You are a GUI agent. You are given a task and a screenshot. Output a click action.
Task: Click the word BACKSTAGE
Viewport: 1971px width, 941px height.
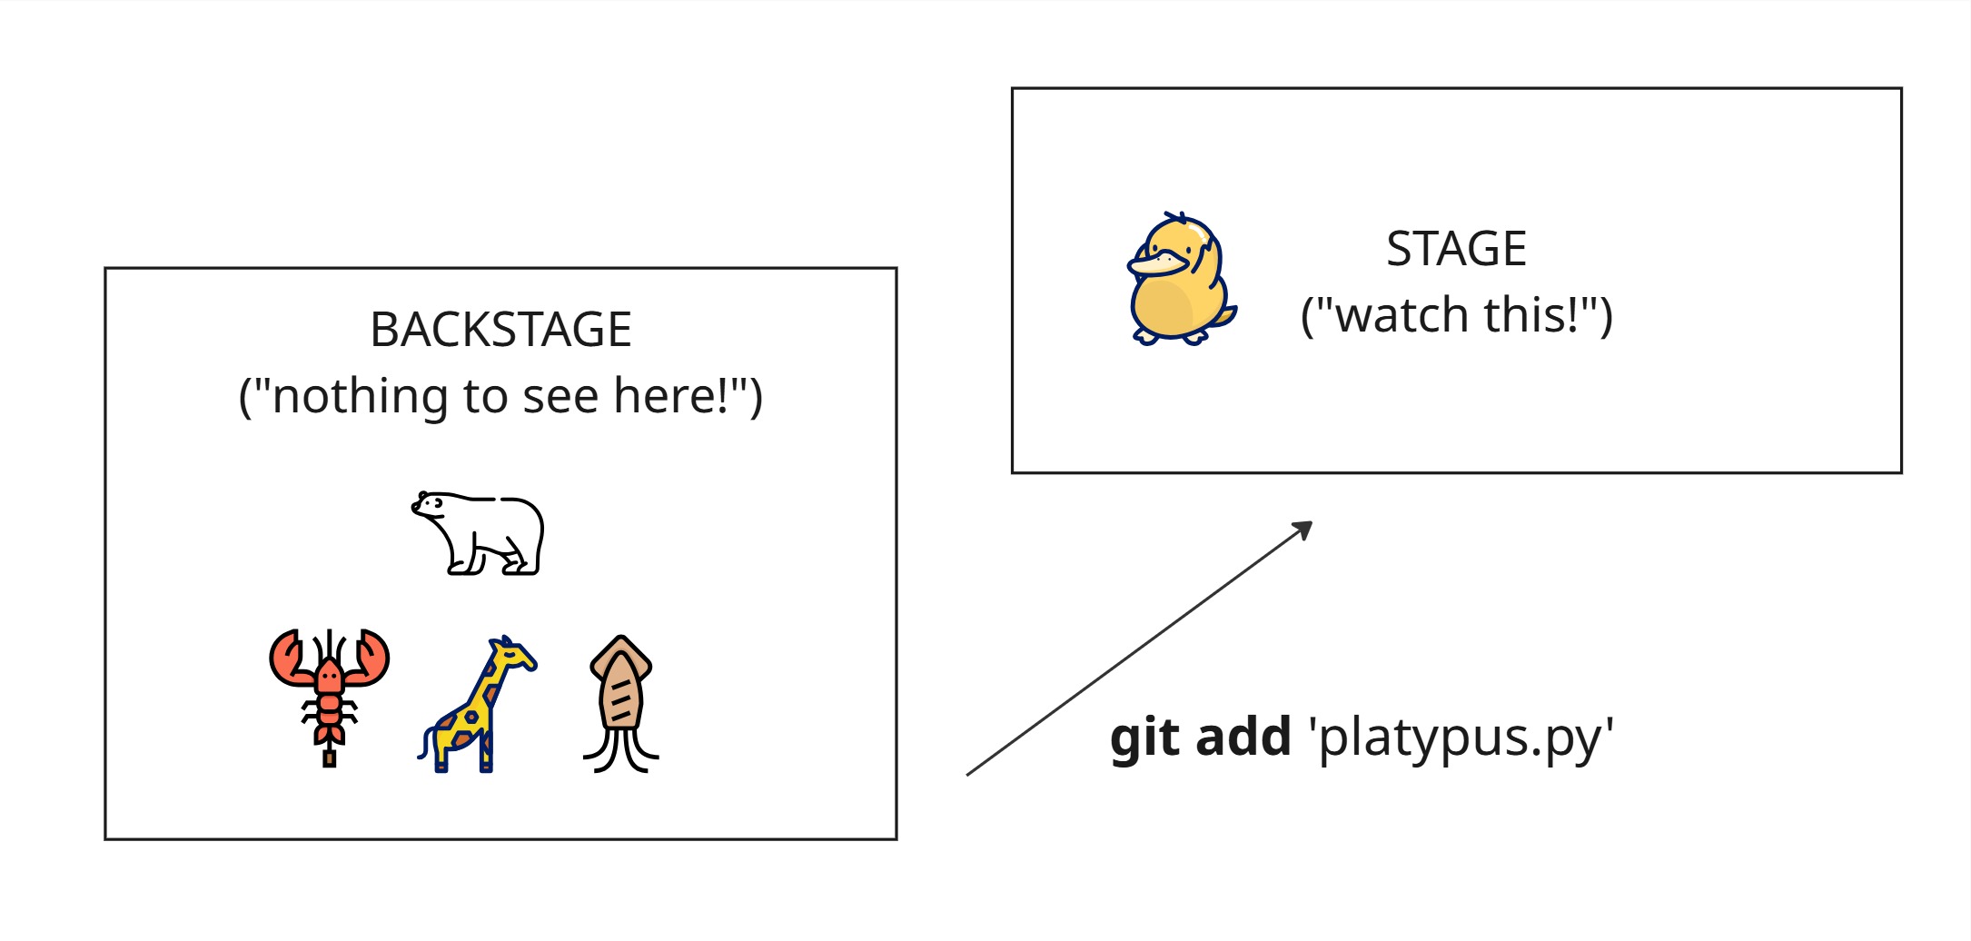(x=500, y=330)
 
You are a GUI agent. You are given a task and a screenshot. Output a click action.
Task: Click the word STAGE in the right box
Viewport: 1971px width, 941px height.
(x=1456, y=249)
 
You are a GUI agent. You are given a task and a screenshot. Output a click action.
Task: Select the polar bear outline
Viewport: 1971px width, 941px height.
(x=478, y=533)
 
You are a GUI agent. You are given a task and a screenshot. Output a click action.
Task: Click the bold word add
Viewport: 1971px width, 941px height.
(x=1243, y=737)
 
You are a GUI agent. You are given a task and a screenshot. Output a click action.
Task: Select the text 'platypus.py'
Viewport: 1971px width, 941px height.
(x=1461, y=738)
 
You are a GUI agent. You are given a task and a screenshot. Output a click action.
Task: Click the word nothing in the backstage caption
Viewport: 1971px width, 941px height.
(x=346, y=396)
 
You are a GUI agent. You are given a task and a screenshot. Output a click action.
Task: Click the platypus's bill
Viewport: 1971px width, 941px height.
(x=1153, y=264)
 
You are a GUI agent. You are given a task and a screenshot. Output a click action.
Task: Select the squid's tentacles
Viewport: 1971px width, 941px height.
(x=621, y=749)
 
